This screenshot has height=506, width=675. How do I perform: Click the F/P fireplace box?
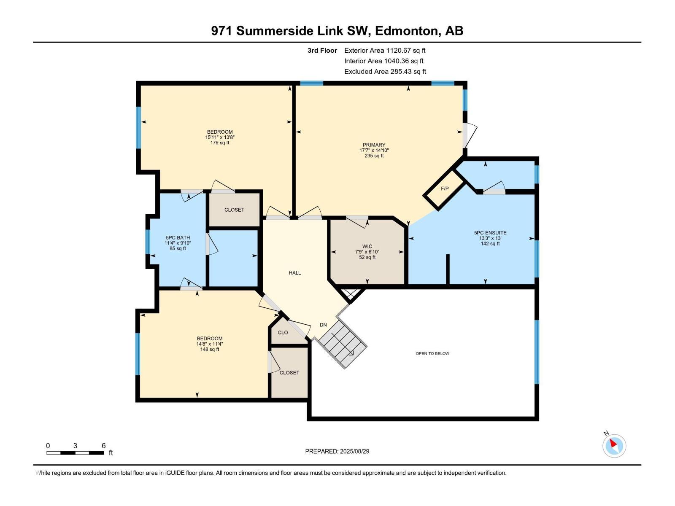point(444,188)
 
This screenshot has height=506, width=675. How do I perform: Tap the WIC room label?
point(367,246)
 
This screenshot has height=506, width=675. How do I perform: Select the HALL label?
point(294,273)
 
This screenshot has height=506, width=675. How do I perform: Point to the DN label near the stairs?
point(323,325)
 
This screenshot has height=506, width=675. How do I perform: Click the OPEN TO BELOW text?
point(432,353)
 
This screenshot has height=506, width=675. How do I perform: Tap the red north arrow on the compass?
point(613,443)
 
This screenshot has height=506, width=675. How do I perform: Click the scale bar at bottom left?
point(75,452)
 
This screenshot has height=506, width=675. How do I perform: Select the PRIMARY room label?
point(374,145)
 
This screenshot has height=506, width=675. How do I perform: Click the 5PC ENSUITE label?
point(490,233)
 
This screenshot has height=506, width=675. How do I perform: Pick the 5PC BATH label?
point(178,237)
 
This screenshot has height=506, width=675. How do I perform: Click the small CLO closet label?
point(283,332)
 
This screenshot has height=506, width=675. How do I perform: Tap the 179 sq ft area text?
point(219,143)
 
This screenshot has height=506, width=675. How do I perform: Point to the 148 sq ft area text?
point(209,349)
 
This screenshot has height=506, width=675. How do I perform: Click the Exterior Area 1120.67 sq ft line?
point(385,50)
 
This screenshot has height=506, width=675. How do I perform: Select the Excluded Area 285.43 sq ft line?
point(385,72)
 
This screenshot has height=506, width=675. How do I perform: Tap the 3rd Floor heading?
point(322,50)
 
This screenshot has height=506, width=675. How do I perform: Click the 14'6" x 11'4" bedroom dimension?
point(209,344)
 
